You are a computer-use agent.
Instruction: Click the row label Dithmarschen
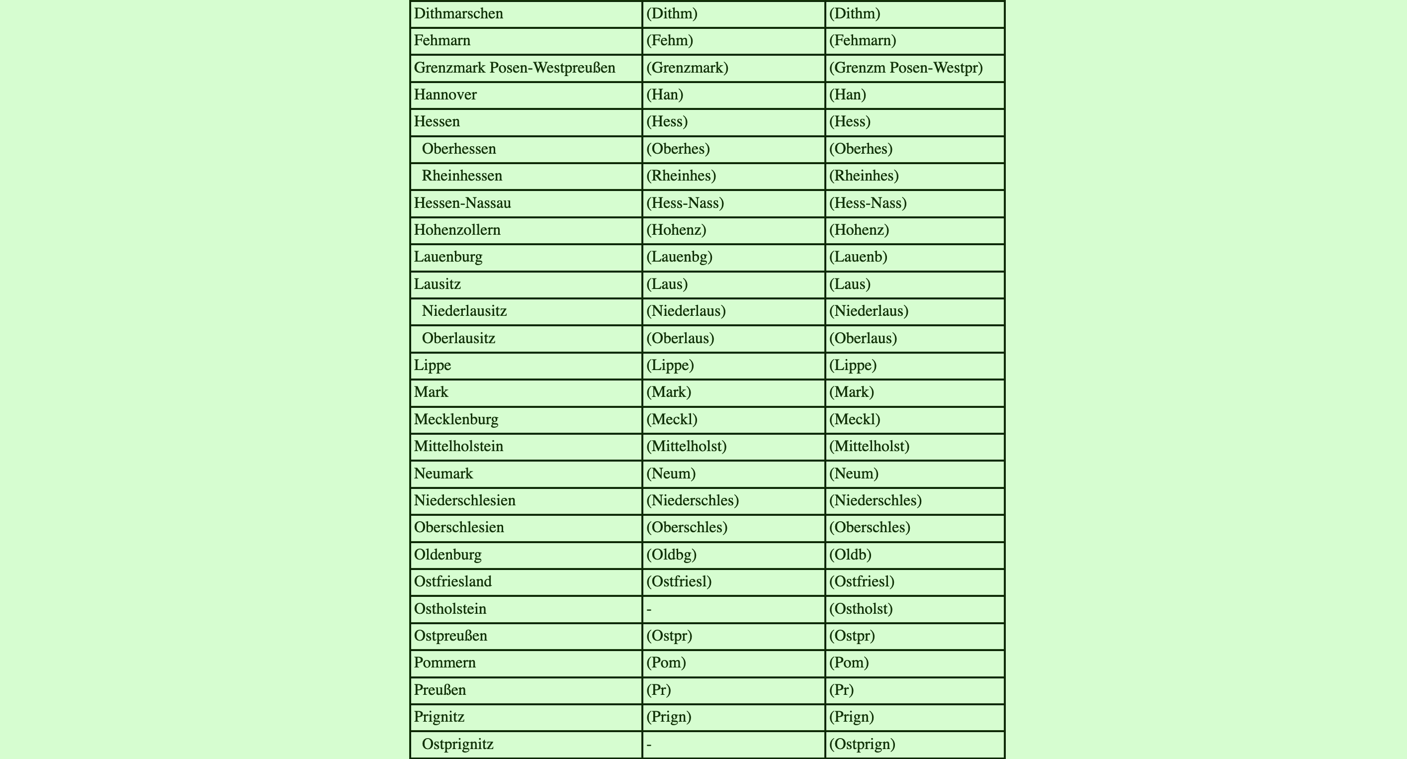coord(458,13)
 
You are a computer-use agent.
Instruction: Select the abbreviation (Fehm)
coord(669,40)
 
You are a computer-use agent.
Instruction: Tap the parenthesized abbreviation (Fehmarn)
coord(863,40)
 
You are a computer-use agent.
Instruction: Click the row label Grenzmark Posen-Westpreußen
coord(515,68)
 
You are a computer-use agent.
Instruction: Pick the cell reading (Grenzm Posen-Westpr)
coord(905,68)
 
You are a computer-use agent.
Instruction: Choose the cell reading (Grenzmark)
coord(687,68)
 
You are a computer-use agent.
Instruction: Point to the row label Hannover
coord(445,95)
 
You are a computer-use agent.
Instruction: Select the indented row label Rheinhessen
coord(461,176)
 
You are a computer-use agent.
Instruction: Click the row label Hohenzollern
coord(457,230)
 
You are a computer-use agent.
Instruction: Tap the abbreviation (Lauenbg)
coord(679,257)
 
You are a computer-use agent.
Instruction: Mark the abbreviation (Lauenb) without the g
coord(858,257)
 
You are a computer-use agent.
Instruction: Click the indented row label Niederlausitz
coord(464,311)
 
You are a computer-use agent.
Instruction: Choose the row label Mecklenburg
coord(456,420)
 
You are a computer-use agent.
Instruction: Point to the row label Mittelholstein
coord(458,447)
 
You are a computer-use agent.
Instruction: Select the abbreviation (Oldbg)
coord(671,555)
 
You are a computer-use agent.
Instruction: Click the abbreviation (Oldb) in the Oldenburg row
coord(850,555)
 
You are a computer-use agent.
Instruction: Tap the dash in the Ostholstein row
coord(649,609)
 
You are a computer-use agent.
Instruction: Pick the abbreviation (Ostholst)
coord(861,609)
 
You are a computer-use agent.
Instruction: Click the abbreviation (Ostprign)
coord(862,744)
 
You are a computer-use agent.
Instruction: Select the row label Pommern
coord(444,663)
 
